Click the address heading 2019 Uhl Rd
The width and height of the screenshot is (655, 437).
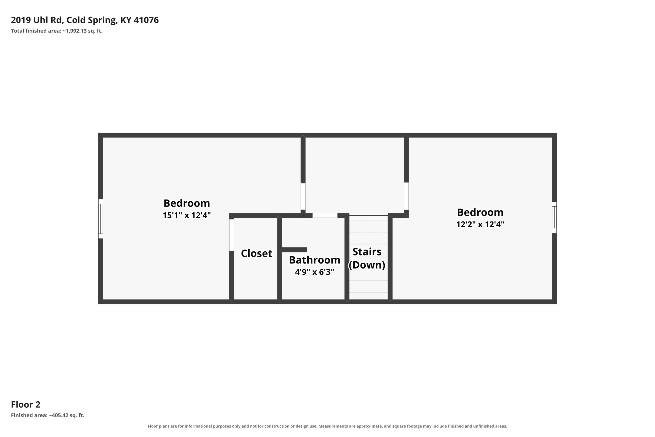85,20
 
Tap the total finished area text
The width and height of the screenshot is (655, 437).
57,31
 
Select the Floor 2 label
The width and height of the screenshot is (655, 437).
26,404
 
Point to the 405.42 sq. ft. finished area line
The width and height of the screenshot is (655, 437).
48,415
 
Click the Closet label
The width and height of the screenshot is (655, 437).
256,253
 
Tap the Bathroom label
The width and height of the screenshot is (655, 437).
314,260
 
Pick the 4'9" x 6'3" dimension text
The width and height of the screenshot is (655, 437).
314,272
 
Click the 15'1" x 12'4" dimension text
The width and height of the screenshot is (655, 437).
187,215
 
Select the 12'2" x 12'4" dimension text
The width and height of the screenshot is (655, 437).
480,224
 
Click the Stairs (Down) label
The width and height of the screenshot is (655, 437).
367,258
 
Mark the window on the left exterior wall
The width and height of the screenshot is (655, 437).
101,219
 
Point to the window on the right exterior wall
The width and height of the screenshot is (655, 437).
554,217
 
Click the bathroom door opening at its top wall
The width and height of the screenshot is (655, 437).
325,215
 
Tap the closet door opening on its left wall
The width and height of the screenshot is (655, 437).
231,235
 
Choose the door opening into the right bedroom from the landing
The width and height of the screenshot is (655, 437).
406,196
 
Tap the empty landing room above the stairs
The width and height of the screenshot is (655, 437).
355,175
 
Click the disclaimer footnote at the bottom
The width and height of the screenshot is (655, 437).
327,426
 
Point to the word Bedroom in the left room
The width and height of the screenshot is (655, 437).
187,203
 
